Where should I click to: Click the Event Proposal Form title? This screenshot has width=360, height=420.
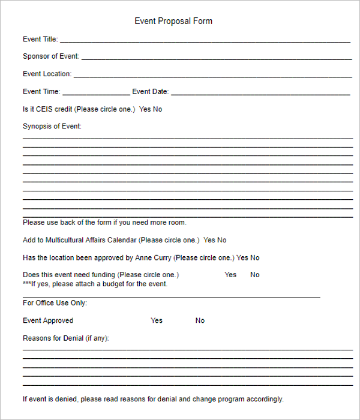173,21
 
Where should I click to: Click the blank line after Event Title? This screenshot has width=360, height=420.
205,41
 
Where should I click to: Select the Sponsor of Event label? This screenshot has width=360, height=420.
50,56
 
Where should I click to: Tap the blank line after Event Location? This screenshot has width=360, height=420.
212,76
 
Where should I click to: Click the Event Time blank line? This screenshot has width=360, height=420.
95,94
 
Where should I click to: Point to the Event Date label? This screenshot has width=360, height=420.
150,92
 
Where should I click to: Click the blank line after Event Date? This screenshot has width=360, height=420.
260,94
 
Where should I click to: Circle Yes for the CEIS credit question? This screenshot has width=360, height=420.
145,109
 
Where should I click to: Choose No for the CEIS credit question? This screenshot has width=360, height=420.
157,109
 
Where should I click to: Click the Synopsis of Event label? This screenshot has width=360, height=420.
52,126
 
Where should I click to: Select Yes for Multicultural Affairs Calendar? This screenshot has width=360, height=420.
209,240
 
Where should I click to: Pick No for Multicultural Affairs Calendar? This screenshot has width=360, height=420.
222,240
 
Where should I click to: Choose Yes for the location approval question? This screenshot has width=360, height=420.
242,257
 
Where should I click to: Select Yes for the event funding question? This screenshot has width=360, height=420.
230,275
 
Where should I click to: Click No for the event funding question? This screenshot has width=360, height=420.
255,275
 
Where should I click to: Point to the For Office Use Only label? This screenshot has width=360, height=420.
55,303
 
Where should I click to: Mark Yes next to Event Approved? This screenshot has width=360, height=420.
157,320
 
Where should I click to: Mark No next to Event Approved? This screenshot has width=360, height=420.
200,320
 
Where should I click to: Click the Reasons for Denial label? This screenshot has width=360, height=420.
66,338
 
